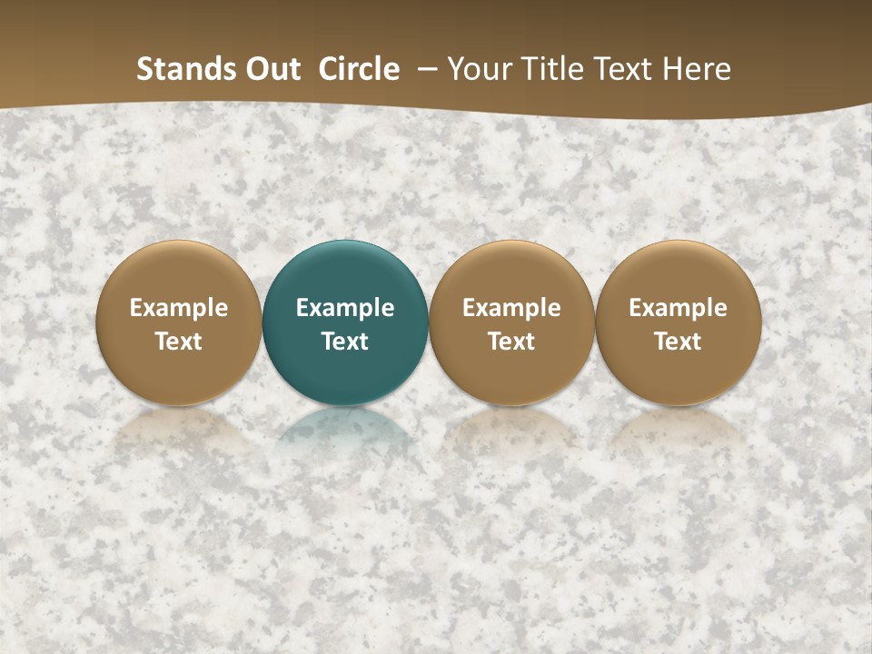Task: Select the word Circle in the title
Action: (x=359, y=69)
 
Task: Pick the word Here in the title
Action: (x=699, y=69)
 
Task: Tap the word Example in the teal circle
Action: (x=345, y=308)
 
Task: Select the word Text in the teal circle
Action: (x=345, y=342)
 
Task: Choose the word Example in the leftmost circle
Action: (x=179, y=308)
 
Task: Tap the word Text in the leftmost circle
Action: (x=179, y=342)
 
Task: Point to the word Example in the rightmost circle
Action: (x=678, y=308)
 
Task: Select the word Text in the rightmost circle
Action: (x=678, y=342)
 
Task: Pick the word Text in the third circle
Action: (x=511, y=342)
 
